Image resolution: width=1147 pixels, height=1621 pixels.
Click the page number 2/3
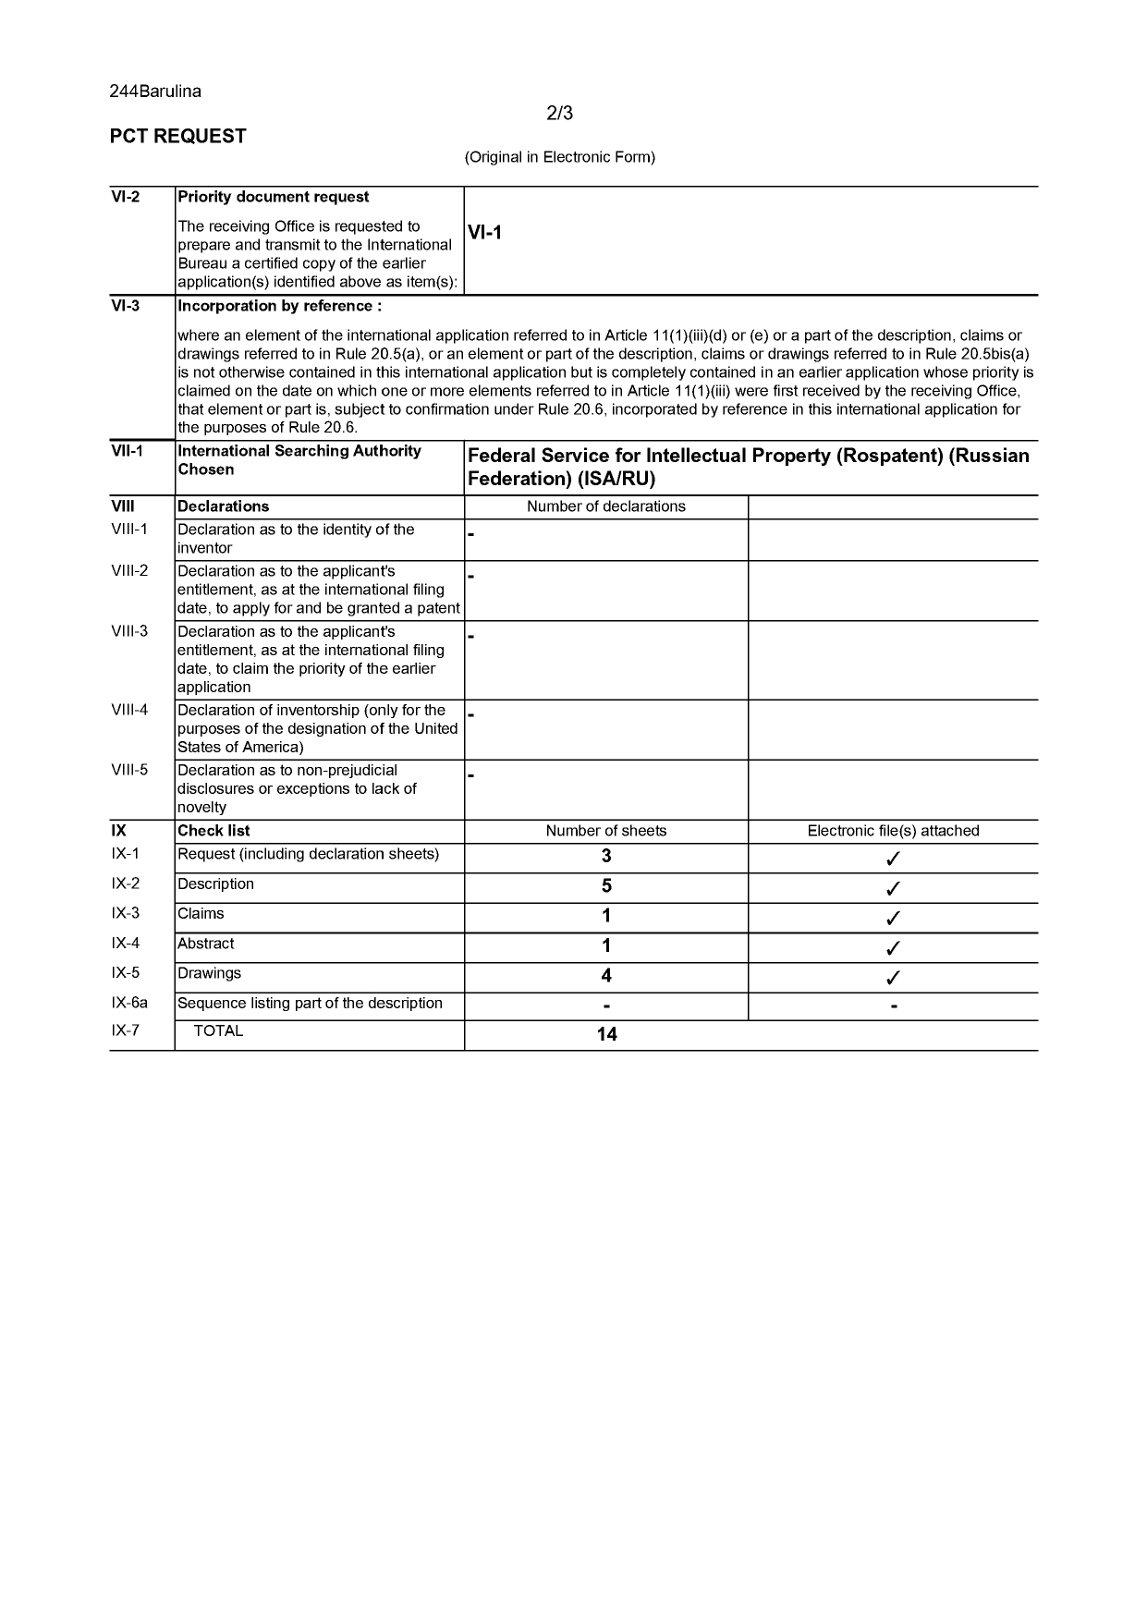559,114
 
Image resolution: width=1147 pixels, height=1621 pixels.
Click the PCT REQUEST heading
178,137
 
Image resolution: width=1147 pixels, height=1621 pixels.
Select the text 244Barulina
155,91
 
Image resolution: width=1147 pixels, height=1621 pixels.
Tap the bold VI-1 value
484,233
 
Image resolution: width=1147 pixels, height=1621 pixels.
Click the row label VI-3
126,306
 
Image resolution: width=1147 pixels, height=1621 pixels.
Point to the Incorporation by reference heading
279,306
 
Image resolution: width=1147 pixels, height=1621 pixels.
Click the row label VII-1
128,451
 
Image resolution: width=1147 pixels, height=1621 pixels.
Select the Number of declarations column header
605,506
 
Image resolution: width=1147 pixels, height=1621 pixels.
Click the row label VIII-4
129,711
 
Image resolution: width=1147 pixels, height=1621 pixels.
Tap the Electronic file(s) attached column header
893,831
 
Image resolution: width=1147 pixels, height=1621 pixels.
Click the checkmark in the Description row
893,889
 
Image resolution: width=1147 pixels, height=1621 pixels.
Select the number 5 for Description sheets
606,886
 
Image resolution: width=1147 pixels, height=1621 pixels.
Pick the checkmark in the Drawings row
893,978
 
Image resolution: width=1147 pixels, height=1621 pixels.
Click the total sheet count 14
606,1034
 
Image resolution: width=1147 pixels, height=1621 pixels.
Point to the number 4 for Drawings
606,976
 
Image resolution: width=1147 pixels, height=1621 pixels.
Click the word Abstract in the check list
205,944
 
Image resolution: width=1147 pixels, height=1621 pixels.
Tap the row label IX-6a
129,1004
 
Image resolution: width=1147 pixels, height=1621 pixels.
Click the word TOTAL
218,1031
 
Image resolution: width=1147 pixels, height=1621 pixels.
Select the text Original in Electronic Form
559,157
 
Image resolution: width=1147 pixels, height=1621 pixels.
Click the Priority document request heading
273,197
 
